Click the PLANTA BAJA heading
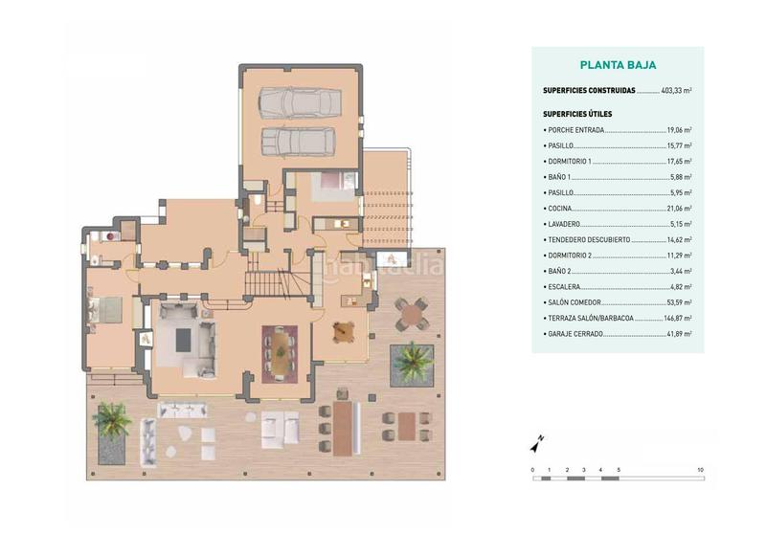(618, 66)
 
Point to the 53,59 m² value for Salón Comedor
(679, 302)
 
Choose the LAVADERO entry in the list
(563, 224)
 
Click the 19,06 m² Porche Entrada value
(679, 129)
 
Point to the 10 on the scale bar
(701, 470)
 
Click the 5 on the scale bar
(619, 470)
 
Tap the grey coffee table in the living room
(187, 337)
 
